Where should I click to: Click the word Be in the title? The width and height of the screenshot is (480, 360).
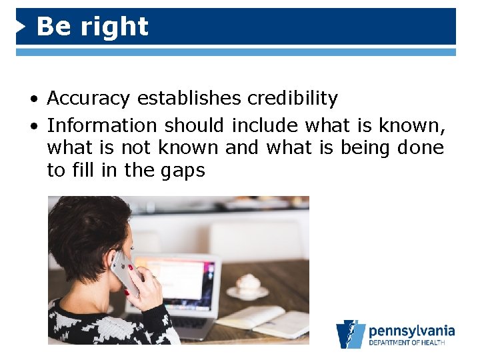[51, 27]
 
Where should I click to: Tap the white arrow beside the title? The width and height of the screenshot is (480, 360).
[21, 27]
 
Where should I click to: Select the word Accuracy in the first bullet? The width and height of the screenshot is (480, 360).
[89, 99]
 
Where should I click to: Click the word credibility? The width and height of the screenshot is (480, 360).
[293, 99]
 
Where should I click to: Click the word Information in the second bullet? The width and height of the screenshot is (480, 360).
[102, 125]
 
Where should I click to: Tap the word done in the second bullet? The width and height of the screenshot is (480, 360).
[420, 147]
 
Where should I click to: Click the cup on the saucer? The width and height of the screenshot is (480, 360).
[247, 283]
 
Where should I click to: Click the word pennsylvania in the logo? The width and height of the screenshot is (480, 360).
[411, 331]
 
